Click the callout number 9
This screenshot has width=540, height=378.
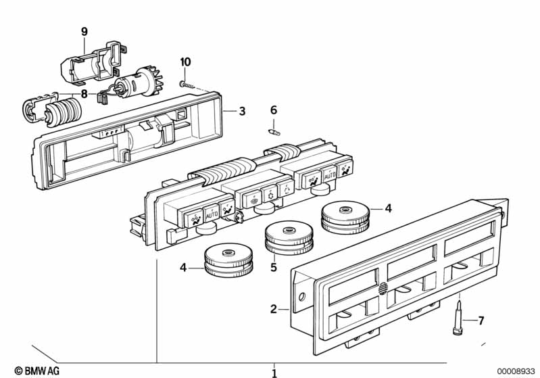point(84,31)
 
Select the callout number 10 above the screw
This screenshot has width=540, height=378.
point(185,62)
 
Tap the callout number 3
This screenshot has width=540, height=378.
point(241,111)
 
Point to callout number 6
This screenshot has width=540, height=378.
point(274,110)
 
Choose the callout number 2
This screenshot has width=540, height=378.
point(274,309)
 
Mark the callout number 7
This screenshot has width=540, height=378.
point(481,321)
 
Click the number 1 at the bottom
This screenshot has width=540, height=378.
point(274,372)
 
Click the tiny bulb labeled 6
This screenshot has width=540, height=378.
point(274,133)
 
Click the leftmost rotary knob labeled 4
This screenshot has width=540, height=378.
point(228,261)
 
